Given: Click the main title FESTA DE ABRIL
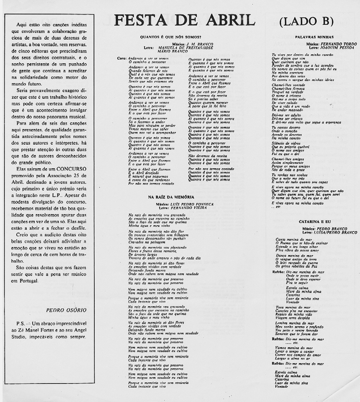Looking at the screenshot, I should coord(182,21).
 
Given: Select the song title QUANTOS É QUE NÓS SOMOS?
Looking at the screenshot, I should coord(171,37).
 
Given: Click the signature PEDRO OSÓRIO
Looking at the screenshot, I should coord(66,310).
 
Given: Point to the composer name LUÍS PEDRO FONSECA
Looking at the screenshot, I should coord(192,204).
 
